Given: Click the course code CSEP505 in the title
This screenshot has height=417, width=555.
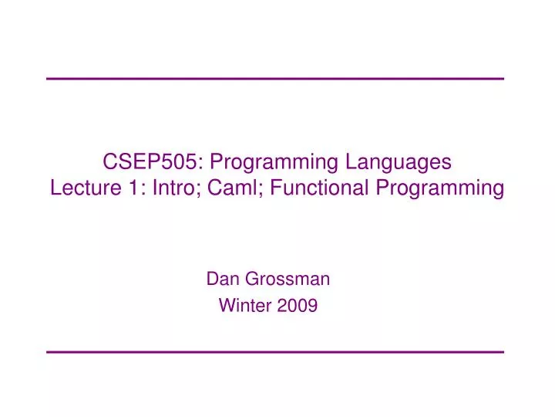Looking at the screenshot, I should click(151, 162).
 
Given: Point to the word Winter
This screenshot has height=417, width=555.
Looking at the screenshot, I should click(243, 306).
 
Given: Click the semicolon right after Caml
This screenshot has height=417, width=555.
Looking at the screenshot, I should click(254, 189).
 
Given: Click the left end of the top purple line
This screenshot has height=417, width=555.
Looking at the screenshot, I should click(48, 79).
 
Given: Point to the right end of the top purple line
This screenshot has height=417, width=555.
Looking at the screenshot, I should click(503, 79).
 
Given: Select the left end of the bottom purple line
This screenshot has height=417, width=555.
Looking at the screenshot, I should click(48, 352).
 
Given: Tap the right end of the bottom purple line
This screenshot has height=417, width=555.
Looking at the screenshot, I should click(503, 352).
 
